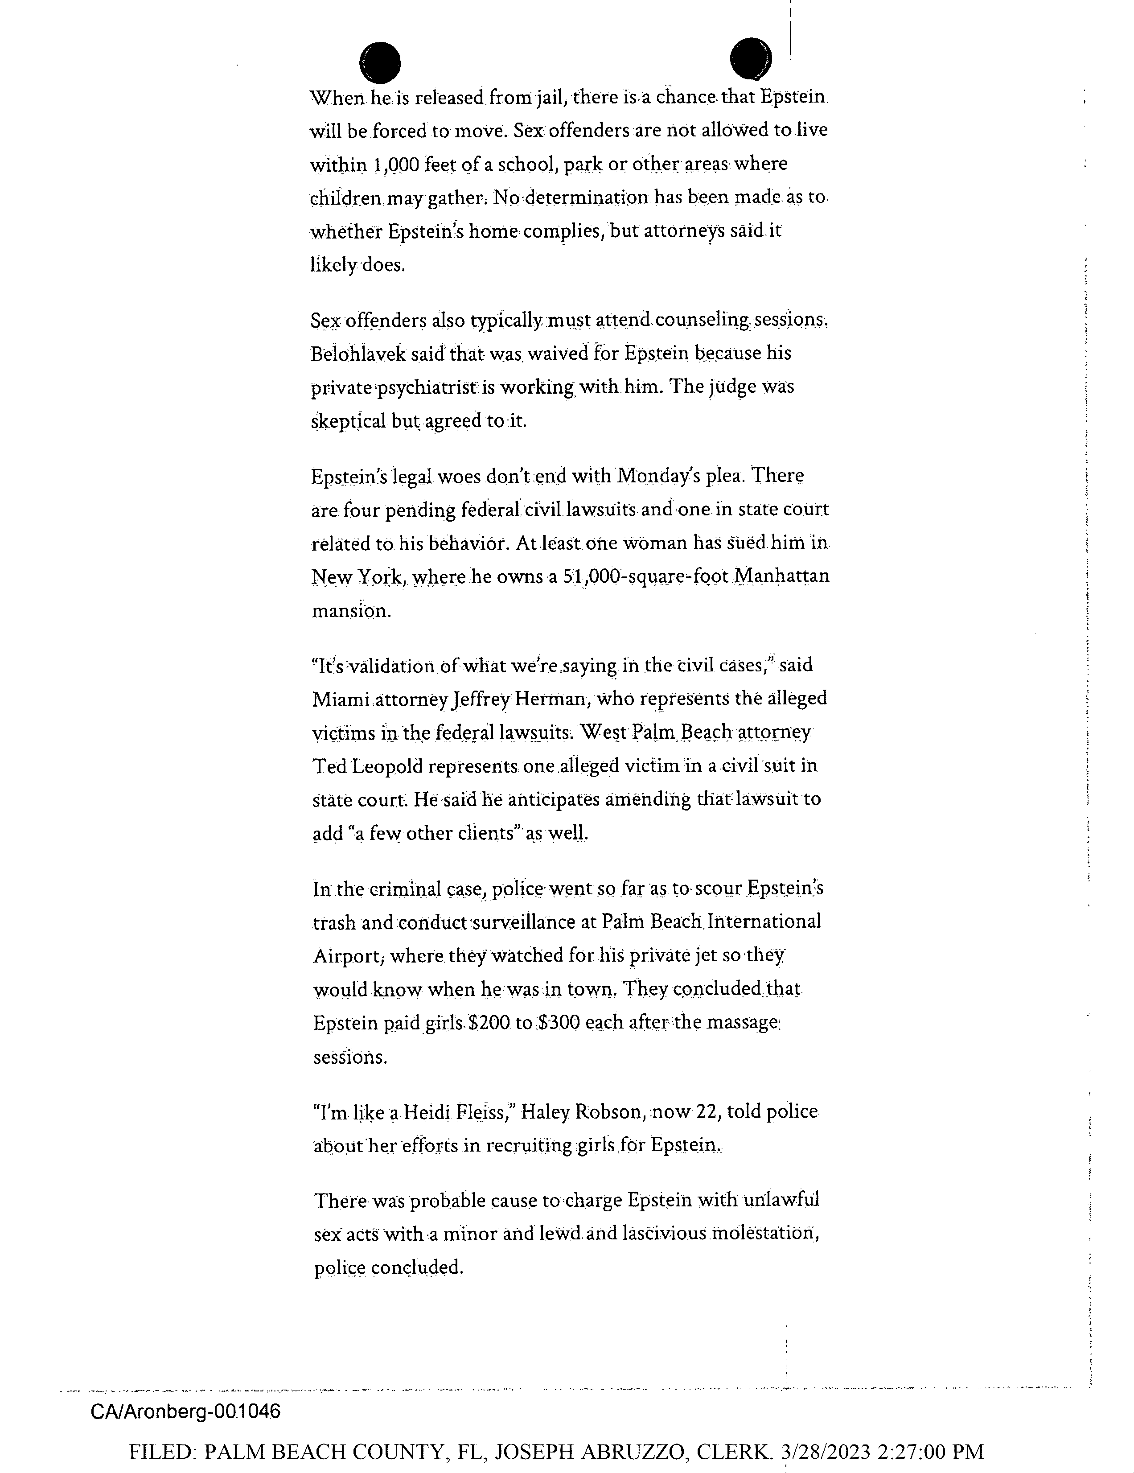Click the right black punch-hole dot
click(750, 59)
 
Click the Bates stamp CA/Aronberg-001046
click(185, 1411)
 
